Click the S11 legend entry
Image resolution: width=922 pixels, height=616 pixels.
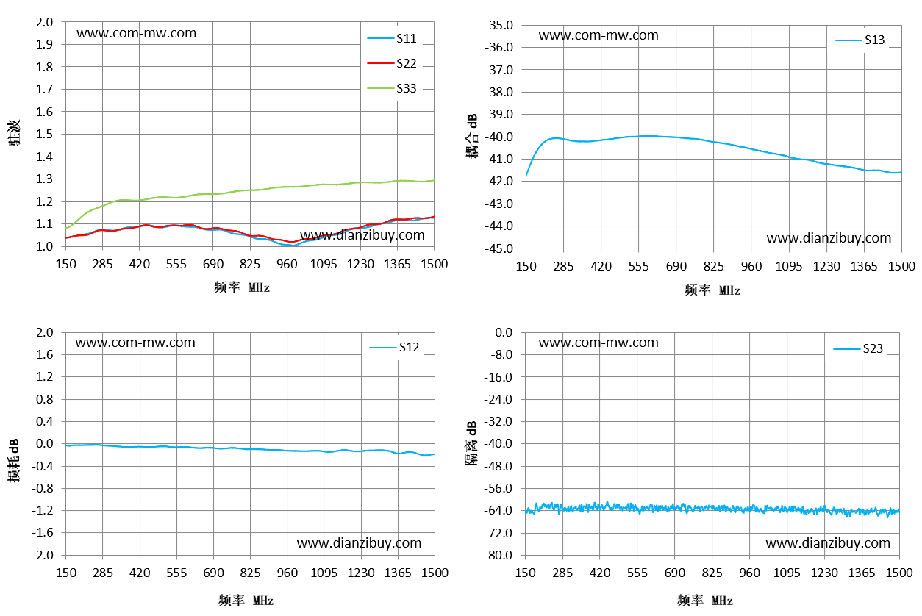point(392,38)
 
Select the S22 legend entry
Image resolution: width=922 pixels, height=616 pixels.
point(392,63)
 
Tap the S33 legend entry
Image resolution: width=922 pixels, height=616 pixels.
point(392,88)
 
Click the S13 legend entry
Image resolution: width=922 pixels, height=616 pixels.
point(860,40)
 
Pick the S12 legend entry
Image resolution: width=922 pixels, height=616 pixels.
point(394,347)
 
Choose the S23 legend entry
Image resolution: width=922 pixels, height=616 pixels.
point(858,349)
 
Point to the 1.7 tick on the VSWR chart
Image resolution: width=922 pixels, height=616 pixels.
point(44,89)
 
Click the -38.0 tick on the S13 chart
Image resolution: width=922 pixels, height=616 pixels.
point(499,92)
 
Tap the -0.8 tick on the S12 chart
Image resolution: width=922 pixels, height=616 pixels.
point(43,488)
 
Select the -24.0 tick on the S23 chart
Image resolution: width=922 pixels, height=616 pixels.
point(498,399)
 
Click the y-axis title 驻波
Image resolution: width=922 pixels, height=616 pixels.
point(13,133)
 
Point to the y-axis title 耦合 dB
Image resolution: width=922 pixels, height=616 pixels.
point(472,136)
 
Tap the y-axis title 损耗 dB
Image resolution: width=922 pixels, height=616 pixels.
point(13,460)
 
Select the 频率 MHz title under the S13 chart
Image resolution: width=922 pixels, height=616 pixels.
point(712,290)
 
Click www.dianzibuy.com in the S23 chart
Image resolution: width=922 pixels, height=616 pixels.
point(828,543)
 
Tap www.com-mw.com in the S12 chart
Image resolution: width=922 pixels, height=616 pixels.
point(135,343)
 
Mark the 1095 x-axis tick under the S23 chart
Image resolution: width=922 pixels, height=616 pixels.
point(787,573)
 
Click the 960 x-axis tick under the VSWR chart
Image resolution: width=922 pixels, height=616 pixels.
point(287,264)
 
